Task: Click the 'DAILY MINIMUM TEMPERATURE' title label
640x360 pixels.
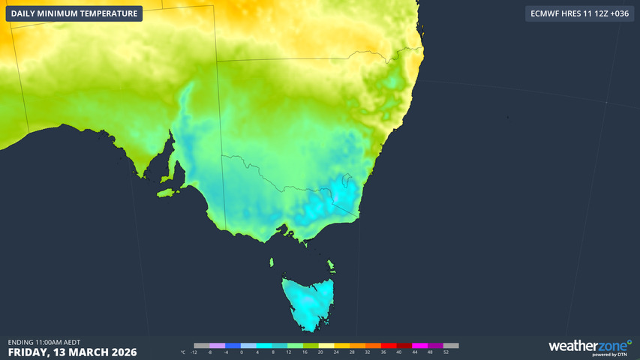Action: pos(74,13)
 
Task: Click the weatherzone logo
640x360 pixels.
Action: pos(589,345)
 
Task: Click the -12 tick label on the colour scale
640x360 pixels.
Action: pos(194,352)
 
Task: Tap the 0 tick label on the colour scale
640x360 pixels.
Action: pos(242,352)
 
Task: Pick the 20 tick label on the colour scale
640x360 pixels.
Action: pos(320,352)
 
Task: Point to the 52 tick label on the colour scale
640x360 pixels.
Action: pos(446,352)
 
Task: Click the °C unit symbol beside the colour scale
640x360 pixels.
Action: pos(183,352)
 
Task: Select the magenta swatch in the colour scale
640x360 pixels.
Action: pos(419,346)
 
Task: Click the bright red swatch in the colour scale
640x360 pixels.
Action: pos(389,346)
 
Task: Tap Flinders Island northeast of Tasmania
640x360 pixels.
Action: pos(331,265)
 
